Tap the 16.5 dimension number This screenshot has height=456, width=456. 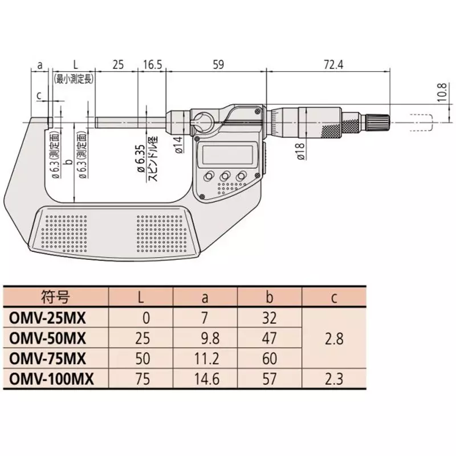coord(151,64)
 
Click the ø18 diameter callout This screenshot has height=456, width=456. coord(300,152)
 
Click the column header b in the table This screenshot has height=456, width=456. coord(270,296)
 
